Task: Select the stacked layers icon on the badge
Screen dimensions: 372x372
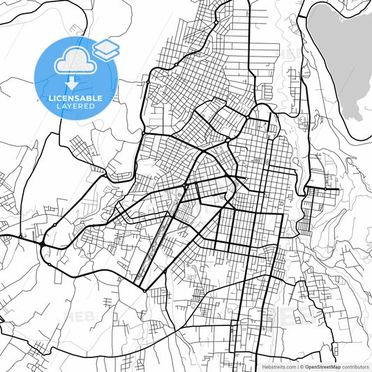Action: pos(106,50)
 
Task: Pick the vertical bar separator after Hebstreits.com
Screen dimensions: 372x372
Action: pos(297,366)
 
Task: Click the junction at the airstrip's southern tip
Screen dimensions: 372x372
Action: pos(142,288)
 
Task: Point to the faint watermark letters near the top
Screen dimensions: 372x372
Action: pos(292,52)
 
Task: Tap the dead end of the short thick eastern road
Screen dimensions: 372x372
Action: pos(338,189)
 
